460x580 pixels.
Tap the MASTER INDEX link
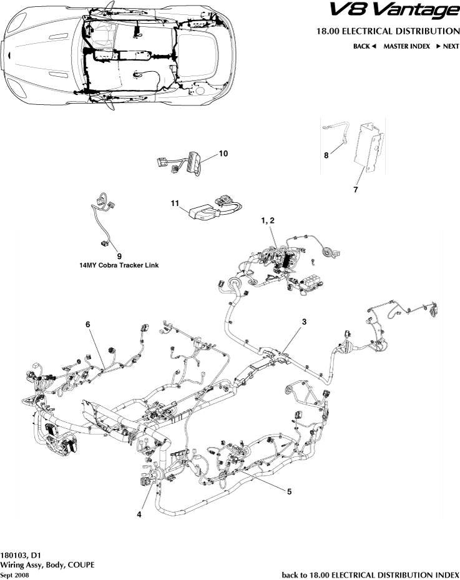tap(407, 46)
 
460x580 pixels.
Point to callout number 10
tap(223, 153)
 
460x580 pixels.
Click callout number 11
tap(175, 203)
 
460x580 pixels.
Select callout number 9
tap(119, 256)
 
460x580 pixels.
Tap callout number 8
tap(326, 155)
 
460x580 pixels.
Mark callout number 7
tap(355, 190)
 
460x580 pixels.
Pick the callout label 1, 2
tap(267, 221)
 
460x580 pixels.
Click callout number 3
tap(304, 322)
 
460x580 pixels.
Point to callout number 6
tap(88, 324)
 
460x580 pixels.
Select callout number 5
tap(290, 491)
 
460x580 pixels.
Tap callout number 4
tap(139, 514)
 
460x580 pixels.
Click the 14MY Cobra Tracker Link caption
tap(118, 265)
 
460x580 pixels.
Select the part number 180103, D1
tap(21, 554)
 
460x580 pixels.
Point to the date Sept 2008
tap(14, 574)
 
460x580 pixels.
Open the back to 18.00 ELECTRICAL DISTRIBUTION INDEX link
tap(371, 574)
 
